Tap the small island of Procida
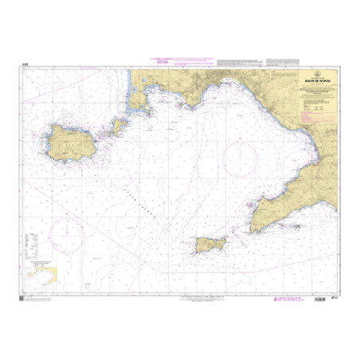119,125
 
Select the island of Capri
209,243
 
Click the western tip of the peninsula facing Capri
254,228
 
